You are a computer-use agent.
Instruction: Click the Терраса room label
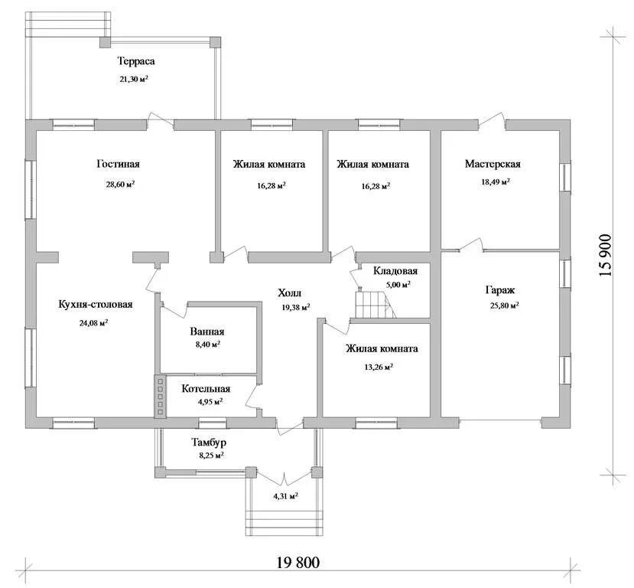point(136,61)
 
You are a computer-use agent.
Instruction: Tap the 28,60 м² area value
point(120,185)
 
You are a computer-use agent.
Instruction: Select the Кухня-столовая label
point(96,304)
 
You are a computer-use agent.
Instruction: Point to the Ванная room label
point(207,332)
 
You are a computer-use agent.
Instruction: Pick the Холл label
point(289,293)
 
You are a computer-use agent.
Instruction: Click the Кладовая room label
point(395,271)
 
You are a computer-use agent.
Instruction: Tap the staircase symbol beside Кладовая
point(375,304)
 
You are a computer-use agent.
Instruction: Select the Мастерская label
point(493,164)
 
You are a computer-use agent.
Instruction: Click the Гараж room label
point(499,290)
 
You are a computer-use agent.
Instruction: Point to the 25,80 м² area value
point(504,305)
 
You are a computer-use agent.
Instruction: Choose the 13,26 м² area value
point(379,367)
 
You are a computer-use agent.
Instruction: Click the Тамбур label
point(209,443)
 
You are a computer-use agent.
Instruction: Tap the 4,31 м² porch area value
point(285,496)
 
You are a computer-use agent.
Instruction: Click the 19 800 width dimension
point(298,562)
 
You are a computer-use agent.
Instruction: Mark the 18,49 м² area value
point(495,182)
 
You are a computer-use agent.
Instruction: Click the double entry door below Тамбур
point(285,479)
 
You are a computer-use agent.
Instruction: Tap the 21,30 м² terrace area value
point(133,80)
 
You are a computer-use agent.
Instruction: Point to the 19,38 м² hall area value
point(295,308)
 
